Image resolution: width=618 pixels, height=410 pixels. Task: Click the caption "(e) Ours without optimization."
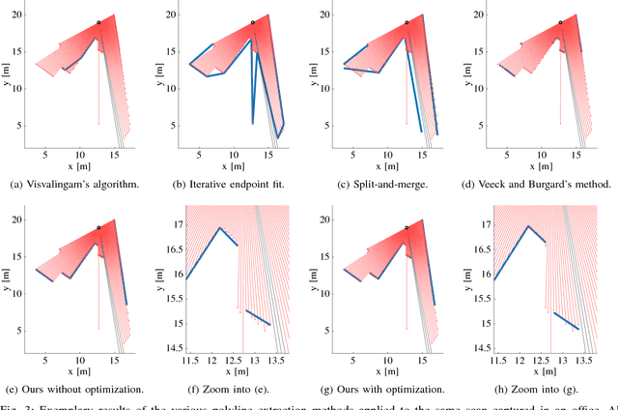click(x=78, y=389)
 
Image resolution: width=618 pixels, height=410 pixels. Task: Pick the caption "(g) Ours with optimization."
click(x=386, y=389)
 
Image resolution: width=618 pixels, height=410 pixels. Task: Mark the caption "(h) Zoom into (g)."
click(x=541, y=389)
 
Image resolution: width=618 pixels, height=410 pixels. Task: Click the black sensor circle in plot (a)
click(x=98, y=22)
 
